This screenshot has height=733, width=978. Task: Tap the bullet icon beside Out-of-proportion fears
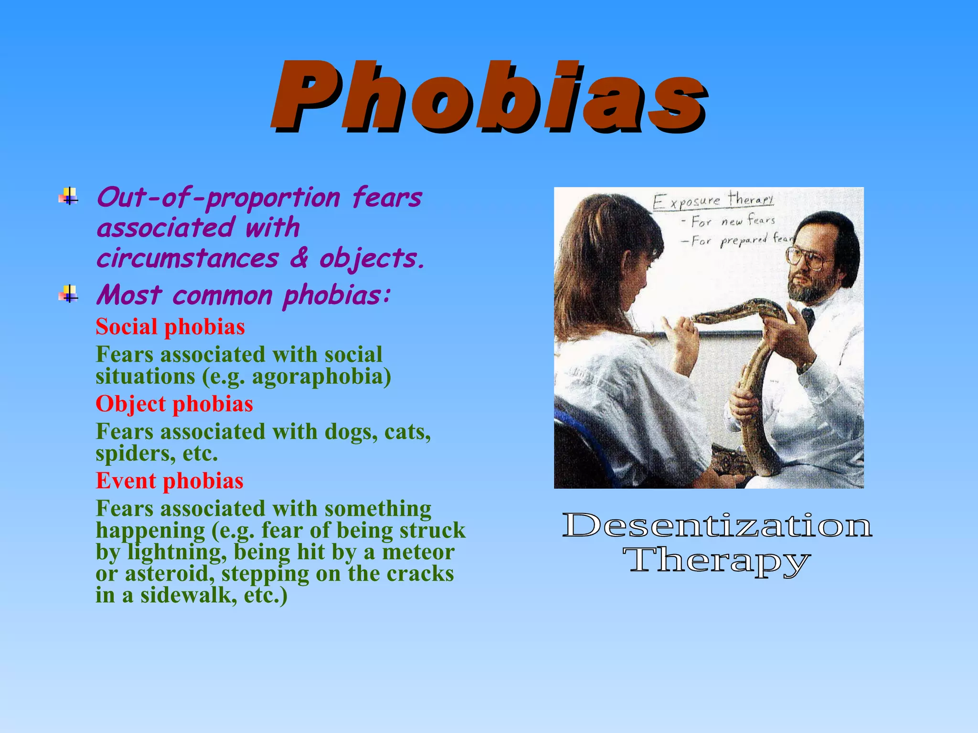tap(69, 196)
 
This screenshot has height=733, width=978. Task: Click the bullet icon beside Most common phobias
tap(69, 294)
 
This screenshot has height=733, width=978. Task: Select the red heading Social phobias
tap(170, 327)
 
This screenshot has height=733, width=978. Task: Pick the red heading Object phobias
tap(174, 404)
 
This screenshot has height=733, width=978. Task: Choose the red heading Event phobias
tap(170, 481)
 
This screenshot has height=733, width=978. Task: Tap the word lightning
tap(177, 553)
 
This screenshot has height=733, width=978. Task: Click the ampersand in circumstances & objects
tap(299, 258)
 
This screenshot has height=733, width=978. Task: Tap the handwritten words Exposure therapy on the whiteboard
tap(712, 200)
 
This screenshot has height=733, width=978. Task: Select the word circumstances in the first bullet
tap(187, 258)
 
